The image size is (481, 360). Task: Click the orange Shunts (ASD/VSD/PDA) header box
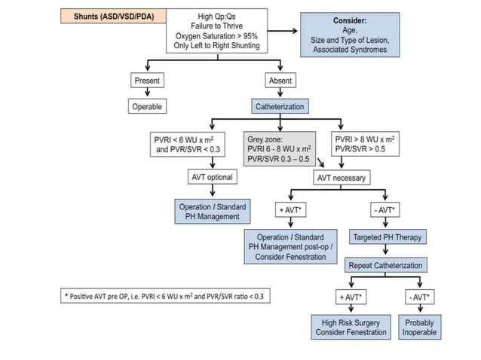coord(109,16)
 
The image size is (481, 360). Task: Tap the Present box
coord(146,81)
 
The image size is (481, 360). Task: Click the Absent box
coord(280,81)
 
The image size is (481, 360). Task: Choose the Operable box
coord(147,107)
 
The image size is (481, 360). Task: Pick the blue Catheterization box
coord(280,107)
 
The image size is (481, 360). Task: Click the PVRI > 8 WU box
coord(366,144)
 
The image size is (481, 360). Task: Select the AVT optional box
coord(211,178)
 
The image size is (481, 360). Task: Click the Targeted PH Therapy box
coord(388,237)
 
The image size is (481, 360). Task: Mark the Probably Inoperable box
coord(419,328)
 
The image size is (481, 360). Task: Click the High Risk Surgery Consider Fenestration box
coord(351,328)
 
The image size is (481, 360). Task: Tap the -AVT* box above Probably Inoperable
coord(420,297)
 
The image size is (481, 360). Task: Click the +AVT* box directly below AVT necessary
coord(290,209)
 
